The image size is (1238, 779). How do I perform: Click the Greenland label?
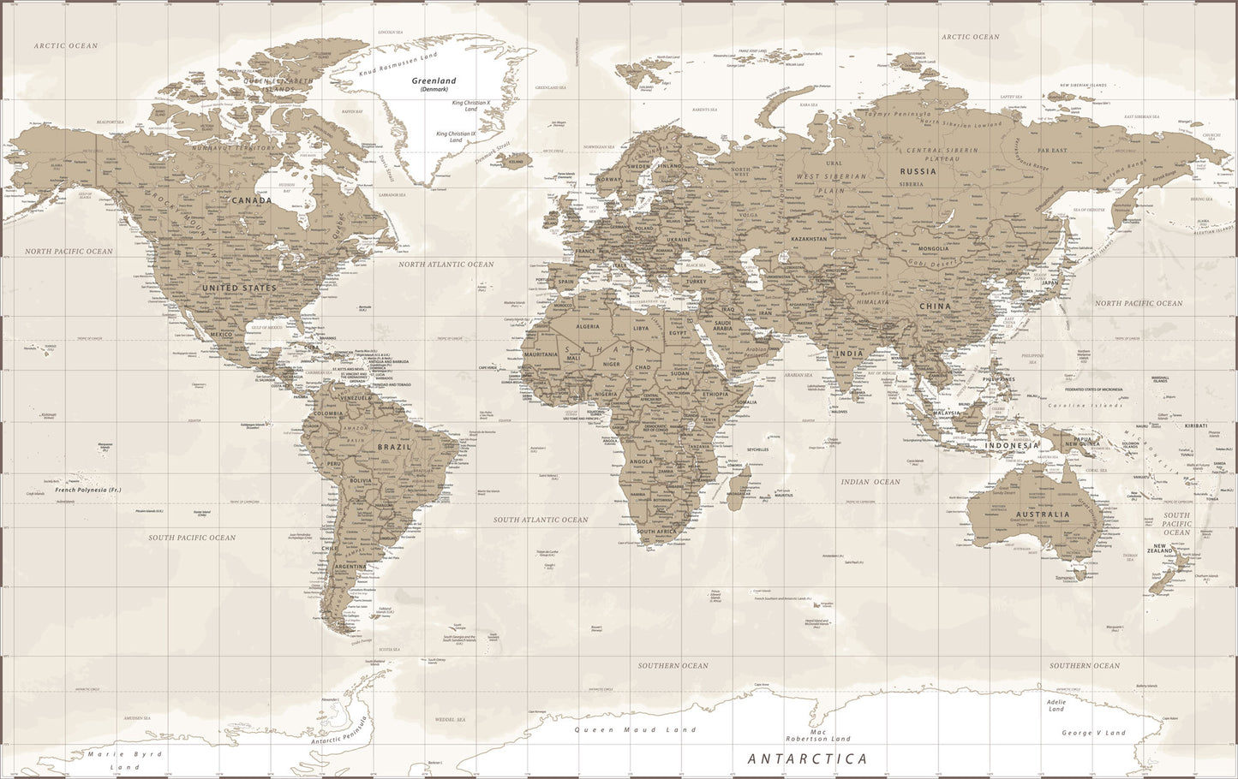434,81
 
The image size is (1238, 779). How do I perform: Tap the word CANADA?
251,200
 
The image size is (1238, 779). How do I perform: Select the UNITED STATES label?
239,288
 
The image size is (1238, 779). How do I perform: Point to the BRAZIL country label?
394,447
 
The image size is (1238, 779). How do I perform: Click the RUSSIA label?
918,171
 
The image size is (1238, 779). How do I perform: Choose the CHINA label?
935,306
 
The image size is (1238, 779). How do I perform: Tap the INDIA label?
849,354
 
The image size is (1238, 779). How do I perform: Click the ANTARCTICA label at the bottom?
807,758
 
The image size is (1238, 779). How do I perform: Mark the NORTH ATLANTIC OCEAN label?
446,265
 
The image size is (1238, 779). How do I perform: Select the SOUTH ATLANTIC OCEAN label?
540,520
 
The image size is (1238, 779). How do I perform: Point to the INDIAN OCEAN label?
870,482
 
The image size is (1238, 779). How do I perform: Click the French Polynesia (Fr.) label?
88,490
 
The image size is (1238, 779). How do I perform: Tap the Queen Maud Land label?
635,729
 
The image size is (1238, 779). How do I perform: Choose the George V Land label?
1093,733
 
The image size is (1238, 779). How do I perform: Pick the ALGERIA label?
589,326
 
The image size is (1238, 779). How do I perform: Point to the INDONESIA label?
1011,445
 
